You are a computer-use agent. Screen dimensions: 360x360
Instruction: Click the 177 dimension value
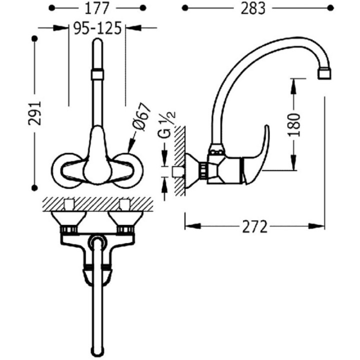(97, 8)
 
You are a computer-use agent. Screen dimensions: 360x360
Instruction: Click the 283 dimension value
(253, 8)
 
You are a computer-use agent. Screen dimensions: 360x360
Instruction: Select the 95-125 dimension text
(97, 28)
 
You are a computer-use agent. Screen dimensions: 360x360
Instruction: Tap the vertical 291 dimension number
(34, 113)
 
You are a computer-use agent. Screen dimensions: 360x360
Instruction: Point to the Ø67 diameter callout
(141, 116)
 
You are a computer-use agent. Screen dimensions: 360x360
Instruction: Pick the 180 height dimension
(294, 124)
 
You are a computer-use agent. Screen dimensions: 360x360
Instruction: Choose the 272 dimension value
(255, 226)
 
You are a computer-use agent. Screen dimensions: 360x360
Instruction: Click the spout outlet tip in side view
(324, 74)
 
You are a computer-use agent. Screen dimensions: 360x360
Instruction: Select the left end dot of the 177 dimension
(52, 8)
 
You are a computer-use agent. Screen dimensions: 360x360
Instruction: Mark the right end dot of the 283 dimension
(330, 8)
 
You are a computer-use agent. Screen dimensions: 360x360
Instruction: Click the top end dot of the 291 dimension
(34, 38)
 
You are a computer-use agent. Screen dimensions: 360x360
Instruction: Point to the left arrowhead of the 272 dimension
(192, 226)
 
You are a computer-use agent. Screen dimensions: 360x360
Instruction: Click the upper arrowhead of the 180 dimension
(293, 86)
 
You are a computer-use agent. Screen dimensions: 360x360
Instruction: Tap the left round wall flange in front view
(65, 170)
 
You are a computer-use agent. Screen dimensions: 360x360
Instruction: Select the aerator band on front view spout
(97, 74)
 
